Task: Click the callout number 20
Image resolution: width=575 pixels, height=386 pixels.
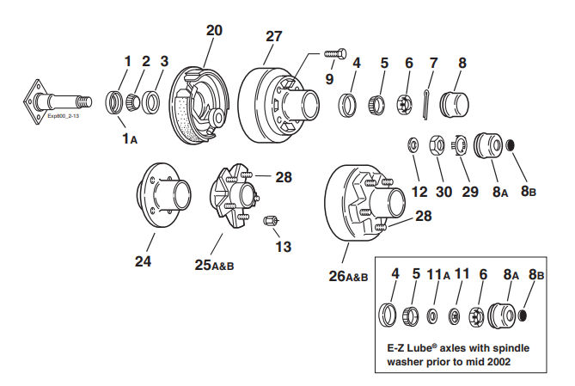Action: coord(214,30)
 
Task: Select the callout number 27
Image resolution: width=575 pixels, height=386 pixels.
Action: coord(273,37)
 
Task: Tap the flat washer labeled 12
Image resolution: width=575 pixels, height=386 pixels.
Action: coord(413,142)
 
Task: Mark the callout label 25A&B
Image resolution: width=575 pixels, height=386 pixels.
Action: coord(214,266)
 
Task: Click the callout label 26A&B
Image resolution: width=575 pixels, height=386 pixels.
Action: coord(348,277)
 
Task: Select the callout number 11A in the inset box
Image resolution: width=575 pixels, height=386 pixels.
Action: coord(442,276)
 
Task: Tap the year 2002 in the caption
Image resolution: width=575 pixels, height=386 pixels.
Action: coord(495,362)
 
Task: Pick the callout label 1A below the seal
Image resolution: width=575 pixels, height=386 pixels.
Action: coord(127,137)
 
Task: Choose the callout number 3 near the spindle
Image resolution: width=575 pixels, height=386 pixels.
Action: coord(164,62)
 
